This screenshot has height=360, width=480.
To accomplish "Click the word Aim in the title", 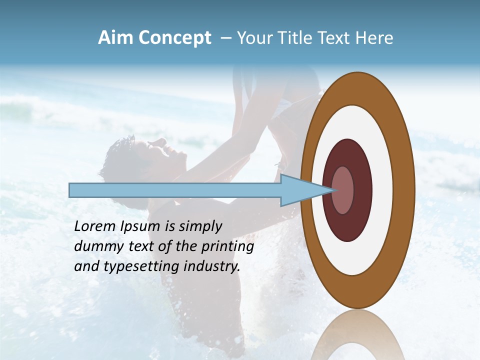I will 116,38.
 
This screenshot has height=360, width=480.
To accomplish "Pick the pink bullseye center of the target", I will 343,190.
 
